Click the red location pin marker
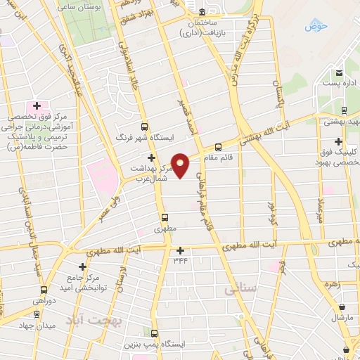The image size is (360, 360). tap(180, 164)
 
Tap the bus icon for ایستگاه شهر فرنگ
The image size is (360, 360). tap(145, 127)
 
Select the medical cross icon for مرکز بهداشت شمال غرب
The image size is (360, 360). tap(150, 157)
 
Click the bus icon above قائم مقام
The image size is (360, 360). tap(218, 147)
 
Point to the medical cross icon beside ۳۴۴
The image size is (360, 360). tap(181, 250)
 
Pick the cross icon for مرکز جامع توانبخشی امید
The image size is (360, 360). tap(83, 266)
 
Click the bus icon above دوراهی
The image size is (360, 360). tap(44, 290)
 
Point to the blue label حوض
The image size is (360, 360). tap(316, 26)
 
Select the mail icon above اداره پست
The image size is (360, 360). tap(339, 72)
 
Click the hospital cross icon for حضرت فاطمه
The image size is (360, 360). tap(37, 105)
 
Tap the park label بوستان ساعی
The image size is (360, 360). tap(99, 6)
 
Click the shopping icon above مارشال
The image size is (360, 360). tap(342, 307)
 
